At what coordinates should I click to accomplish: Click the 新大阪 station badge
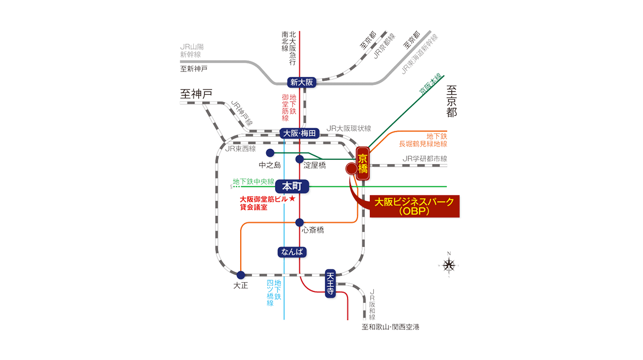click(x=302, y=82)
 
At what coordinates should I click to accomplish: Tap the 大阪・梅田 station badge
click(x=299, y=133)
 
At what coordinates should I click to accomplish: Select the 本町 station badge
click(x=292, y=186)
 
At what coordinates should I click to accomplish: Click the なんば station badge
click(x=292, y=252)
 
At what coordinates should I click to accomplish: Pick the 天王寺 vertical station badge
click(x=330, y=284)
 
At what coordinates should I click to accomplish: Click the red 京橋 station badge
click(x=363, y=164)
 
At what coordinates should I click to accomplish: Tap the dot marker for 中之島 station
click(x=270, y=153)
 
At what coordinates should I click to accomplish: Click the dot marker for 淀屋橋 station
click(x=299, y=159)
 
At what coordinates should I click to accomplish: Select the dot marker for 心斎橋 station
click(x=299, y=222)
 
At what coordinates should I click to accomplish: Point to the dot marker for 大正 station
click(x=241, y=275)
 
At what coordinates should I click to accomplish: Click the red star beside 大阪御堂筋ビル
click(x=292, y=198)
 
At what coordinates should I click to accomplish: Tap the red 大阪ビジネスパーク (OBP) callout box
click(x=415, y=207)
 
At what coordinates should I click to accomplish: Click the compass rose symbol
click(x=449, y=265)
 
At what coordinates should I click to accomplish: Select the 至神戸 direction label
click(x=196, y=94)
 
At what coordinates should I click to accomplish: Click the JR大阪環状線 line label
click(x=349, y=129)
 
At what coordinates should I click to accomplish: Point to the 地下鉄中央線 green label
click(x=253, y=181)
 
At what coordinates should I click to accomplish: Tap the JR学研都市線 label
click(x=425, y=159)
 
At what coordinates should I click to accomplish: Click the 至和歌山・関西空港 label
click(x=391, y=327)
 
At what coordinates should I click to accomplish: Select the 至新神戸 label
click(x=194, y=69)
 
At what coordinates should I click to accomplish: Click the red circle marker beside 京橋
click(x=352, y=169)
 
